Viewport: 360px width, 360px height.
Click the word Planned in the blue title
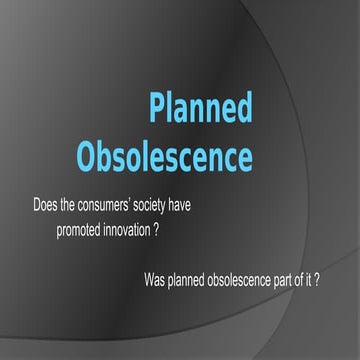tap(200, 108)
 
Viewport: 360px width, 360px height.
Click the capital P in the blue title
tap(158, 108)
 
